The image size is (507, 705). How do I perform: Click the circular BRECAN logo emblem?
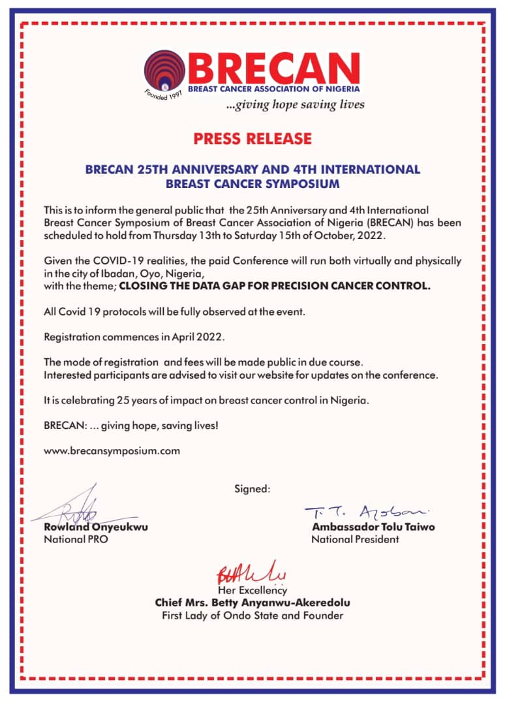click(166, 71)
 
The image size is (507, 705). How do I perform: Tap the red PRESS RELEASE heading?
click(253, 138)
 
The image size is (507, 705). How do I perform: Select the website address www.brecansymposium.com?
click(112, 450)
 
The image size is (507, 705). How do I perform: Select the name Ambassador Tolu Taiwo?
click(373, 527)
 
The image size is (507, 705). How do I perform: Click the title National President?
click(355, 539)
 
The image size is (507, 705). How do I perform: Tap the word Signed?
click(252, 488)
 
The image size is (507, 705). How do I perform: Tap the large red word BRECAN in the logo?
click(273, 67)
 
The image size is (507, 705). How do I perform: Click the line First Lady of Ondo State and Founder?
click(253, 616)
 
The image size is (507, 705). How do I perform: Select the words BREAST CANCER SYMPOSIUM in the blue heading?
click(253, 183)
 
